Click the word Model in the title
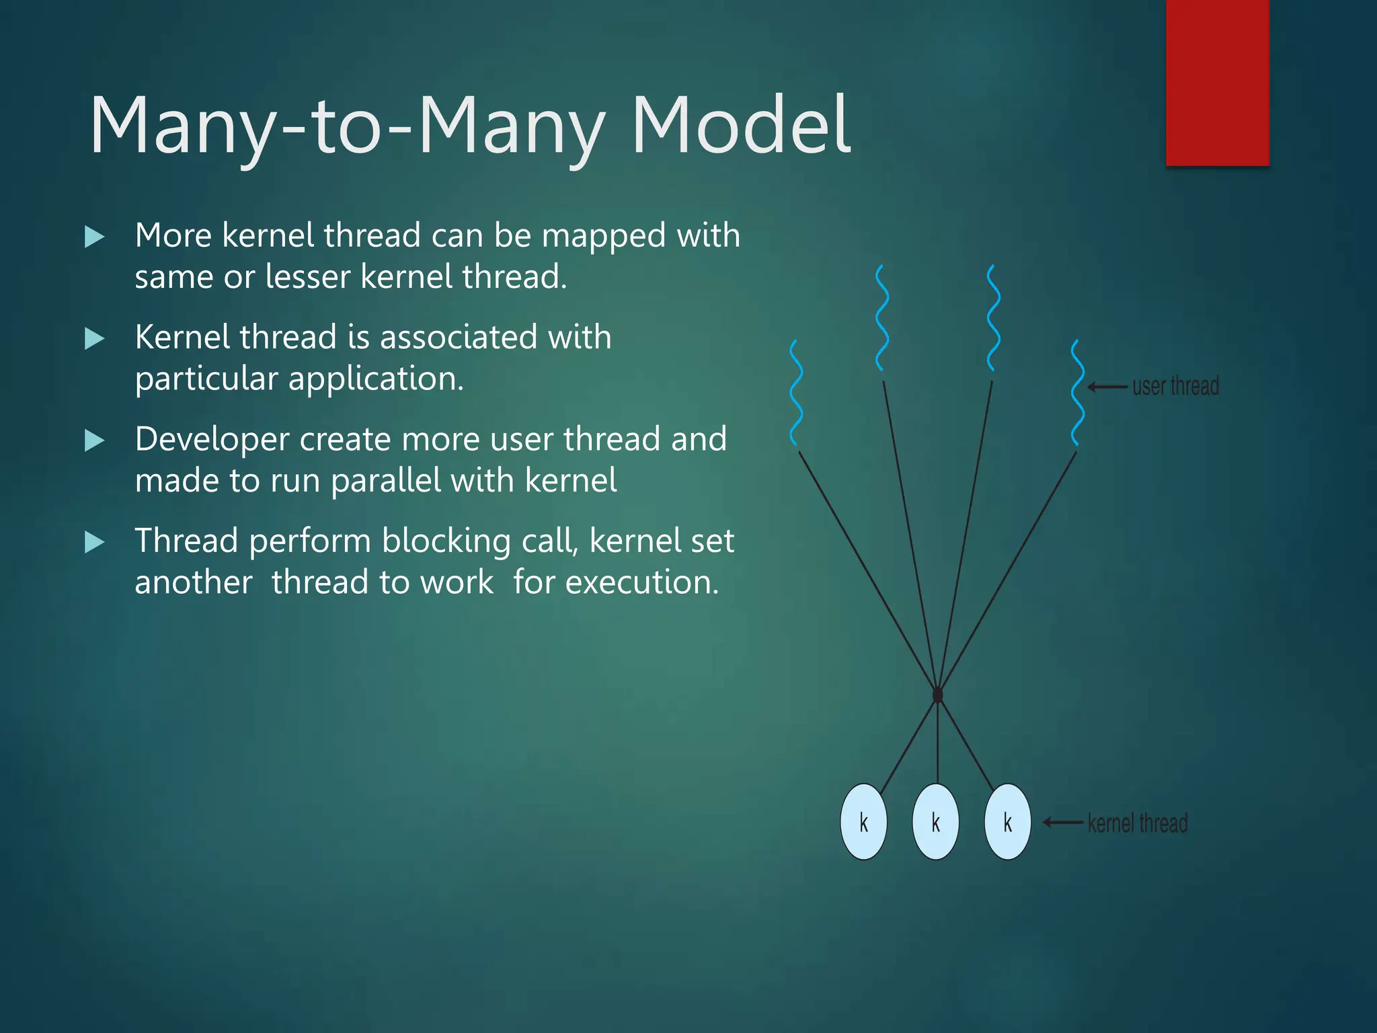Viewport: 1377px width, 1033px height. (741, 125)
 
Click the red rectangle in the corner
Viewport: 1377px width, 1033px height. (1217, 82)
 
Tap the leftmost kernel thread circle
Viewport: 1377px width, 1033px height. (863, 822)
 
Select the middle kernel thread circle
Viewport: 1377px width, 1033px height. (935, 822)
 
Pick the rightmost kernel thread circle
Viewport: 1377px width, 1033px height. (1007, 822)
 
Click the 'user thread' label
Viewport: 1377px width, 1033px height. (1175, 387)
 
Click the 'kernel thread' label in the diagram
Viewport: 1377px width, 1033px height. (1138, 823)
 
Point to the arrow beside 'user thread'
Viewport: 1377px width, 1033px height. (1107, 387)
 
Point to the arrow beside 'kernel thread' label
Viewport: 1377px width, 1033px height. (1062, 822)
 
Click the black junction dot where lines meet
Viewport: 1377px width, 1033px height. (938, 694)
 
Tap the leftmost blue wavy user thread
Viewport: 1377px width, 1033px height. (797, 393)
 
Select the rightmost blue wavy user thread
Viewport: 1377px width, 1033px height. (1077, 393)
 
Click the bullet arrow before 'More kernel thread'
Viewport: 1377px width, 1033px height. (95, 237)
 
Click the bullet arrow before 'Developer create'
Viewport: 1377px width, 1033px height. (95, 441)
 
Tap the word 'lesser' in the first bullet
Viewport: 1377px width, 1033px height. (308, 277)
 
